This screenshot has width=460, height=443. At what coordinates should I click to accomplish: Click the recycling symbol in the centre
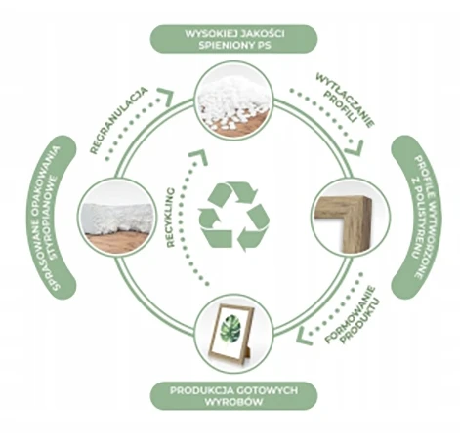coord(234,217)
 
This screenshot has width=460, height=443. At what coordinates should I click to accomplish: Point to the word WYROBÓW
coord(233,401)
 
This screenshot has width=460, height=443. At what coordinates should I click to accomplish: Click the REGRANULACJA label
coord(119,120)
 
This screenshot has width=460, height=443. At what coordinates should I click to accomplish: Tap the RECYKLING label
coord(171,218)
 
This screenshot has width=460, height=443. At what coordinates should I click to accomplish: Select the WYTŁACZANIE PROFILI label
coord(345,101)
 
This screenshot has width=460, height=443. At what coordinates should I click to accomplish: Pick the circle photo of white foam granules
coord(233,101)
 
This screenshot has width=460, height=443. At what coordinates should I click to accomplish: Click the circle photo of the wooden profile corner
coord(350,216)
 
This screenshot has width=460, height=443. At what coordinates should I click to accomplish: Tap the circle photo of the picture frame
coord(233,333)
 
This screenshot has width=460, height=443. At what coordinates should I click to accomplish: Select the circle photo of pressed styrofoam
coord(116,216)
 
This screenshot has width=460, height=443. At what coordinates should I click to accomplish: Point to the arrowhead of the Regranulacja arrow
coord(166,97)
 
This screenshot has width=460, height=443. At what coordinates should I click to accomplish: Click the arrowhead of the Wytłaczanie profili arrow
coord(355,148)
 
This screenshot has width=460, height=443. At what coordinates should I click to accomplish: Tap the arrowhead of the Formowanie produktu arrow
coord(304,336)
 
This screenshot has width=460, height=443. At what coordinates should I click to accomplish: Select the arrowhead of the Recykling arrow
coord(198,157)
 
